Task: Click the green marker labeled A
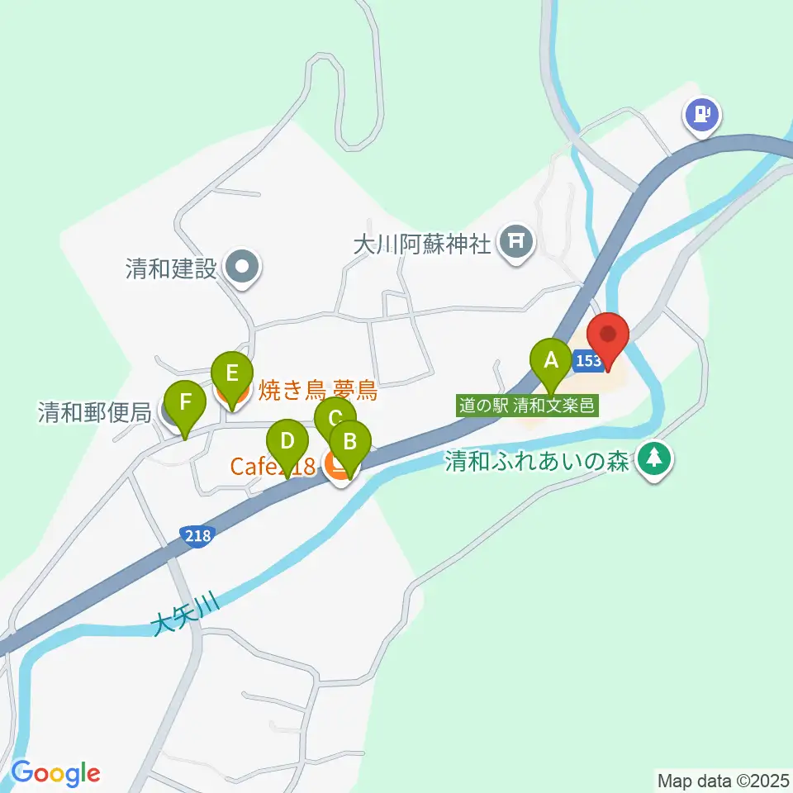point(550,360)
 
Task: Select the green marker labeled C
point(335,416)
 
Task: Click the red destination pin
point(608,335)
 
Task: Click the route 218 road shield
point(198,536)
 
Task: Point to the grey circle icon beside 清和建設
point(243,266)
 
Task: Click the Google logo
point(55,772)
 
